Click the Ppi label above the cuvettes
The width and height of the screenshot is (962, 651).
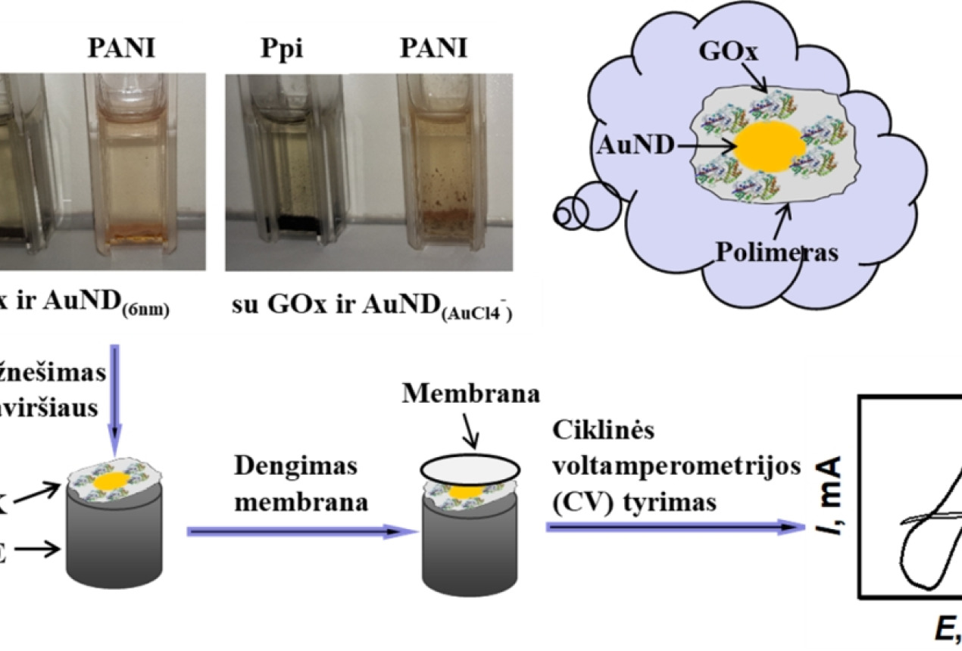tap(275, 50)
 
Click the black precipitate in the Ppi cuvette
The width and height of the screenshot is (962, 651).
tap(286, 222)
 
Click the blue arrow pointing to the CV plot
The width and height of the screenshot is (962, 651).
tap(674, 528)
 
